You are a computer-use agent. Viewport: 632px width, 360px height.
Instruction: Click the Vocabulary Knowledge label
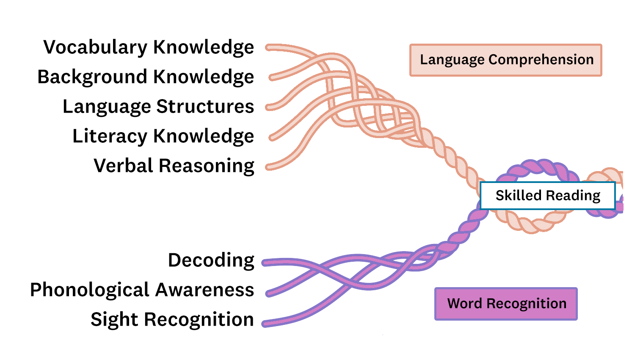pos(149,47)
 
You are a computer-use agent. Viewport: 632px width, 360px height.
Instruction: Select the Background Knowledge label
pos(146,77)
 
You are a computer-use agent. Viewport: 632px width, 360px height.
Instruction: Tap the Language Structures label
pos(158,107)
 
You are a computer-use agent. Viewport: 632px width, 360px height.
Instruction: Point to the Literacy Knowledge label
pos(163,136)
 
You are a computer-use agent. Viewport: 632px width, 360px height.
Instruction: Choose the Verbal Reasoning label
pos(174,166)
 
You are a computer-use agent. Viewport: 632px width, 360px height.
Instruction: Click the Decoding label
pos(211,260)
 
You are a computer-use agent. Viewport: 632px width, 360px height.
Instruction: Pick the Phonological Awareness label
pos(142,290)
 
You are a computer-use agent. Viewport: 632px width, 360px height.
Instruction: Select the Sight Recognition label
pos(172,320)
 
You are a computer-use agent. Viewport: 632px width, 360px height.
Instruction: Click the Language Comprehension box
pos(506,60)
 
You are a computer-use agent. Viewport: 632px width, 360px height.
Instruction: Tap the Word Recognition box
pos(506,304)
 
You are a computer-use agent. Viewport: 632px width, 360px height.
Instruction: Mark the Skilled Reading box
pos(548,196)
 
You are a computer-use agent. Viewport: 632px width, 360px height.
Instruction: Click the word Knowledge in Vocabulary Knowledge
pos(204,47)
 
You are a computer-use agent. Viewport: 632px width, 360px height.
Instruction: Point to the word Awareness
pos(205,290)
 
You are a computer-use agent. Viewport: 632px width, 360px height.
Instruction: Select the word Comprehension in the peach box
pos(541,60)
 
